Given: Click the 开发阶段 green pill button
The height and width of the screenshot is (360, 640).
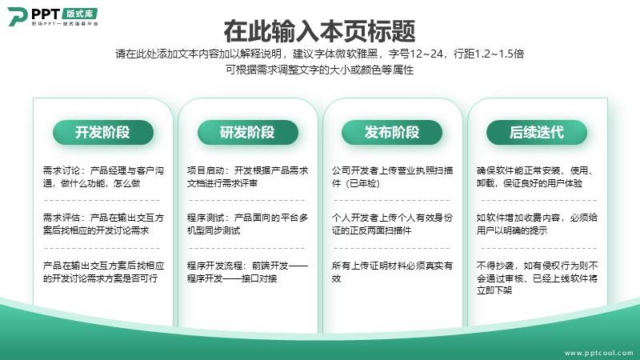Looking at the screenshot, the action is [103, 132].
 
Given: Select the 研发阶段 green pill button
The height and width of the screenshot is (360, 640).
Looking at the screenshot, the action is [248, 132].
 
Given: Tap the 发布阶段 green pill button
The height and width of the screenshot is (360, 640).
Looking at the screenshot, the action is [392, 132].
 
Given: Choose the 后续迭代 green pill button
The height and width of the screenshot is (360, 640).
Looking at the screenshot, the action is [537, 132].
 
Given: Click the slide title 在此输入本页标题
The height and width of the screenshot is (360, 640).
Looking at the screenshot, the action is [319, 31].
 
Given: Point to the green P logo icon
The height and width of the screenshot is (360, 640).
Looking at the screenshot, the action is [17, 16].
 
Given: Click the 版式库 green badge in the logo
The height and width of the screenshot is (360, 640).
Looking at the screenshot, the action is [79, 14].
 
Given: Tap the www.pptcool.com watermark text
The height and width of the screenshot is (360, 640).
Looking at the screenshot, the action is [599, 353].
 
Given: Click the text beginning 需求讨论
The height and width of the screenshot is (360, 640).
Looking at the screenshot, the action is [104, 177].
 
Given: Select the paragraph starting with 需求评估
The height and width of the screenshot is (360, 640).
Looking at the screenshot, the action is [104, 224].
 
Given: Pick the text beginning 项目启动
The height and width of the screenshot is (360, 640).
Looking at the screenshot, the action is [248, 177].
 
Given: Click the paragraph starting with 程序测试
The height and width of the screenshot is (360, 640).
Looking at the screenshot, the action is [248, 224].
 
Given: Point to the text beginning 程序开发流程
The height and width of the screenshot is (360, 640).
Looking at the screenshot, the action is [248, 272].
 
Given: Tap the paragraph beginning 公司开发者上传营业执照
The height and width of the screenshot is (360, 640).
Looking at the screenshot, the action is [392, 177].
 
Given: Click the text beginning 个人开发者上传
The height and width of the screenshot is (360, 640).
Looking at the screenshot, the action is [392, 224].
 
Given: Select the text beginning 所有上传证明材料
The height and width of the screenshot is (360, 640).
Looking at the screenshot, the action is [392, 272].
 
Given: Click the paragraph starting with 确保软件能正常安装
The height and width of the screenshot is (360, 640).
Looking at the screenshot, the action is [536, 177].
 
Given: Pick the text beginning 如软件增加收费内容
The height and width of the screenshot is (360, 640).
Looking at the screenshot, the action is [537, 224].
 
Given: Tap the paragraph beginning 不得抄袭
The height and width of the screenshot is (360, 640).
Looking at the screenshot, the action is [537, 278].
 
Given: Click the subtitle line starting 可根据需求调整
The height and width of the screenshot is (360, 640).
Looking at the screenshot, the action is [319, 70].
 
